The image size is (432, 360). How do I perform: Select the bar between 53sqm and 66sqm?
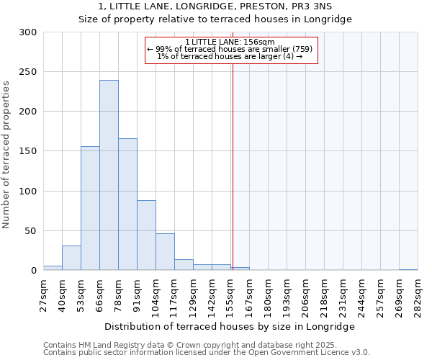(x=90, y=208)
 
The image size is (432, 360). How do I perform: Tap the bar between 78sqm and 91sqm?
(x=127, y=204)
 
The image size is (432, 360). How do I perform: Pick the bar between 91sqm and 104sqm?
(x=146, y=235)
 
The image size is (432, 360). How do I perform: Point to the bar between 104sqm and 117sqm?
(x=165, y=252)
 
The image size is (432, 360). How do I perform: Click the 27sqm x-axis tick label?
(x=48, y=295)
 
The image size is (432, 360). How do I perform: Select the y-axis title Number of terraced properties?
(x=6, y=154)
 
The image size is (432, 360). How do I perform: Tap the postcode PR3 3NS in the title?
(x=314, y=6)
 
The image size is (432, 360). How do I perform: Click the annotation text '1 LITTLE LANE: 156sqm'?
(x=230, y=42)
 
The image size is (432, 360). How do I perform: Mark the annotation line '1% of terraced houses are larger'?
(x=230, y=56)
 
